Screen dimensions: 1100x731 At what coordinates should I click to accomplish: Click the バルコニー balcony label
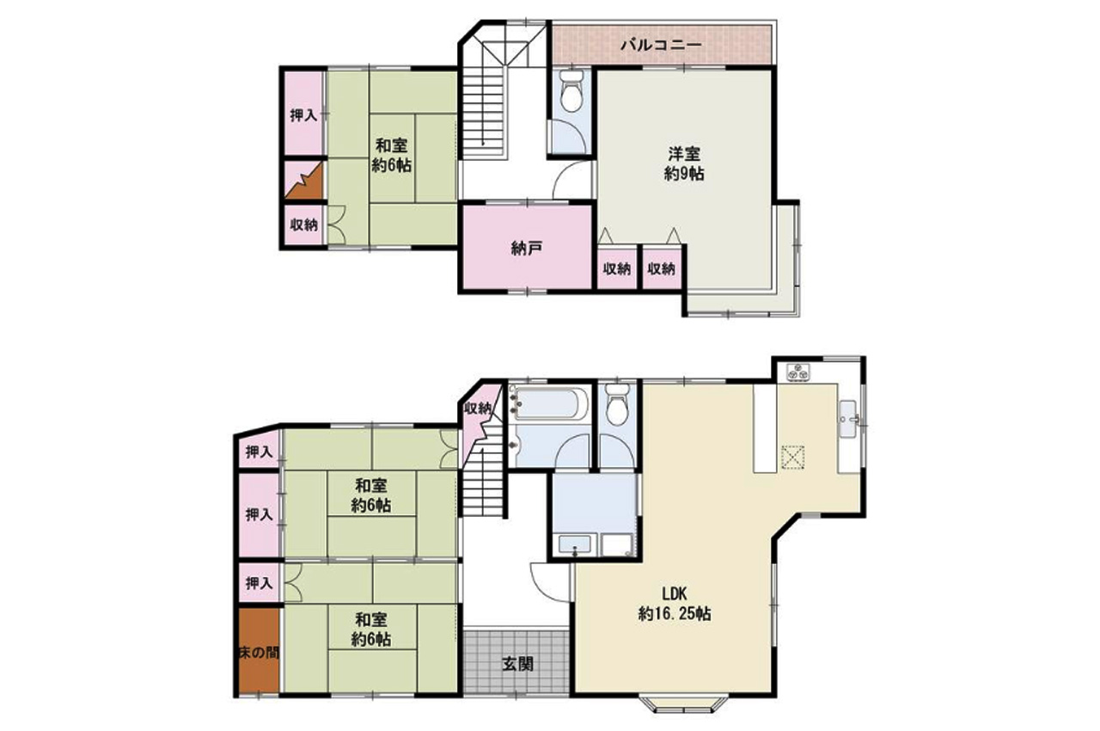[x=661, y=46]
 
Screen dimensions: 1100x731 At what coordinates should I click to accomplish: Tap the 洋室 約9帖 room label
[x=683, y=163]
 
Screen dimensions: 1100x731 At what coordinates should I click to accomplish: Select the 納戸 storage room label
[x=527, y=249]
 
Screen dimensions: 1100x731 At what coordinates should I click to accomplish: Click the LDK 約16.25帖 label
[x=675, y=603]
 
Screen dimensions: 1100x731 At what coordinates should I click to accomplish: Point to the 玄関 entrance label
[x=517, y=664]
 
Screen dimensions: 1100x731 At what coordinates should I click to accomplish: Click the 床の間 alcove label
[x=259, y=653]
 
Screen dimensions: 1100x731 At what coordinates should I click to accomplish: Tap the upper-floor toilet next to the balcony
[x=571, y=91]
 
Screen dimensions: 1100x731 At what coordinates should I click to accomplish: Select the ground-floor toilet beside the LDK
[x=617, y=404]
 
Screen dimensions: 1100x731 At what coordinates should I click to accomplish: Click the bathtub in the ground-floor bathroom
[x=549, y=404]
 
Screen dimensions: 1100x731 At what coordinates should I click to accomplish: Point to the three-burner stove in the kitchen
[x=798, y=372]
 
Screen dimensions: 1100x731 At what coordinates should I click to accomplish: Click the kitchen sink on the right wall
[x=849, y=419]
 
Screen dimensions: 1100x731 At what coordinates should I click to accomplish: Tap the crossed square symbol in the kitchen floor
[x=792, y=457]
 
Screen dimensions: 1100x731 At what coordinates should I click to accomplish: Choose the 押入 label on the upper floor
[x=303, y=115]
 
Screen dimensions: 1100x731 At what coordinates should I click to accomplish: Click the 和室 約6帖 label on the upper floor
[x=391, y=156]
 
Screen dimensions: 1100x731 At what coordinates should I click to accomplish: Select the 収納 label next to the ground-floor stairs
[x=477, y=408]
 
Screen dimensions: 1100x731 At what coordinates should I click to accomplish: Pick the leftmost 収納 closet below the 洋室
[x=617, y=268]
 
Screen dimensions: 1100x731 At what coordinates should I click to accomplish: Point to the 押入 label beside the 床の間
[x=259, y=583]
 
